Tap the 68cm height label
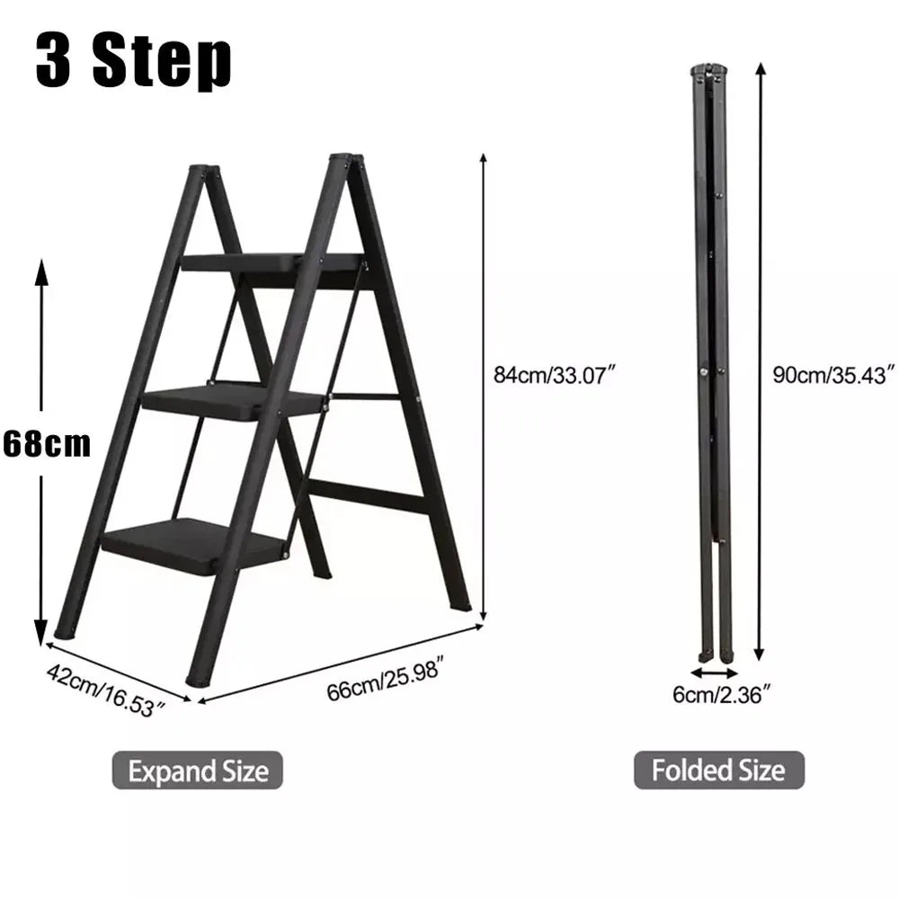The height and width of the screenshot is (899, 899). coord(47,444)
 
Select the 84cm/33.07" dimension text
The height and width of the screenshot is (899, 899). coord(554,376)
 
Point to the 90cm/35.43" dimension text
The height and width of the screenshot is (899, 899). coord(833,375)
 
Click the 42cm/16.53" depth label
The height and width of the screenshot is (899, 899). coord(106,690)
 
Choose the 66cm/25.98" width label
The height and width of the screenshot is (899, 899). coord(386,681)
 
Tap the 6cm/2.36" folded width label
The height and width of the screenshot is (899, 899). coord(721,695)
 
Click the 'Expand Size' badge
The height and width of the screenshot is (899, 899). coord(197,770)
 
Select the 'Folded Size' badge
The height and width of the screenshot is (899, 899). coord(719,770)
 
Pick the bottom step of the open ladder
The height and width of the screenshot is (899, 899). coord(195,545)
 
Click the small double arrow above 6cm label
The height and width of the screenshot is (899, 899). coord(714,673)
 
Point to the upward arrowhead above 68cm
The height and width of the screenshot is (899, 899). coord(41,273)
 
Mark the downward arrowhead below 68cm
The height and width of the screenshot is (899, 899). coord(40,632)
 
